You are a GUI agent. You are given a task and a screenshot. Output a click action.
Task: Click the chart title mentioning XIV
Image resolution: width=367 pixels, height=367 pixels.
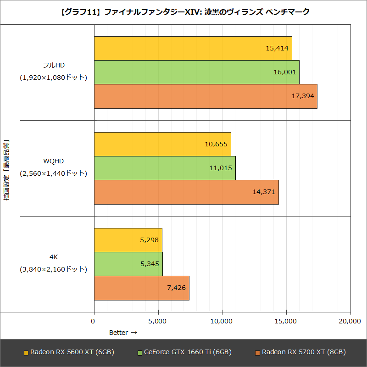point(183,12)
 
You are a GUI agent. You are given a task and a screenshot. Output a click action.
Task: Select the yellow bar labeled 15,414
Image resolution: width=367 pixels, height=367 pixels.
point(193,48)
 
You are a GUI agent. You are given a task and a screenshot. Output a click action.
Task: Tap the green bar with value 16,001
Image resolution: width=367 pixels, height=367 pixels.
point(196,72)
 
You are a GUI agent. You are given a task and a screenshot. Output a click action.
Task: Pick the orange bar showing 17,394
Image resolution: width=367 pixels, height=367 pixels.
point(205,96)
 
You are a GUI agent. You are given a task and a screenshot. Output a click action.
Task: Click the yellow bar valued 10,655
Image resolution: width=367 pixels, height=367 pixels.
point(162,144)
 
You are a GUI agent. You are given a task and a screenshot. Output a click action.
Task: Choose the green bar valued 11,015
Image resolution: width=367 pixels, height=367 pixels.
point(164,168)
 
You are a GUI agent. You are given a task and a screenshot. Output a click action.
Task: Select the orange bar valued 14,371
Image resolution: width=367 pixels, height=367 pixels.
point(186,192)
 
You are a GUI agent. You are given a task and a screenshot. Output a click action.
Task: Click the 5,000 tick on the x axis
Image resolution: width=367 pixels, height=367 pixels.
point(158,322)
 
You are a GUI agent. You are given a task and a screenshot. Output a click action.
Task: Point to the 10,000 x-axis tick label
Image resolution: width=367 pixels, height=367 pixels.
point(222,322)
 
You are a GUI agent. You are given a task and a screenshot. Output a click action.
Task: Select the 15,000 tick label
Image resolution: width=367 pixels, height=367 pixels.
point(286,322)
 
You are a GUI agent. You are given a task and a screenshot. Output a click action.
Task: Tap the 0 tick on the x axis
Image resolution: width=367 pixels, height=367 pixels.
point(94,322)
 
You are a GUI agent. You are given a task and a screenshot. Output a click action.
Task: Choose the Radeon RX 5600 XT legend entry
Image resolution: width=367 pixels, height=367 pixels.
point(69,352)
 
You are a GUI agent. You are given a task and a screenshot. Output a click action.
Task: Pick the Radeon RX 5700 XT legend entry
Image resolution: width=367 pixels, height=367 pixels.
point(300,352)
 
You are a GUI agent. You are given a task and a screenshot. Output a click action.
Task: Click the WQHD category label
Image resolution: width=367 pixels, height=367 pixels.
point(53,161)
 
